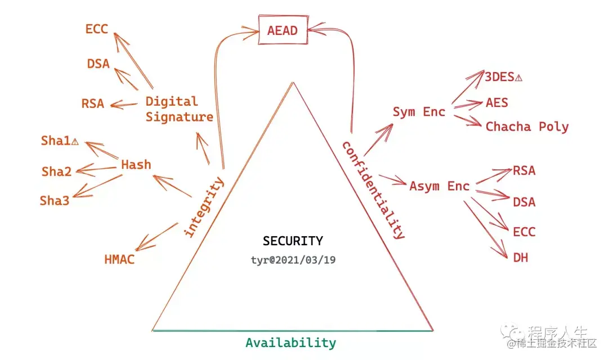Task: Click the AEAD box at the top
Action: (283, 30)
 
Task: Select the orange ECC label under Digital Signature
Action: (96, 29)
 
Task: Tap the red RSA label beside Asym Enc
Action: (524, 171)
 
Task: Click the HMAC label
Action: (119, 259)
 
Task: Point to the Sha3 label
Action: (55, 200)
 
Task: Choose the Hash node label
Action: (136, 165)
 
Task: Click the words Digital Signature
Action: (179, 109)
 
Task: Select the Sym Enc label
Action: (418, 112)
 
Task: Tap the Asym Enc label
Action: (439, 186)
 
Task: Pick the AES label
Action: (497, 102)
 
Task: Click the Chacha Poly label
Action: (527, 127)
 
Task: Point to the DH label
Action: (521, 258)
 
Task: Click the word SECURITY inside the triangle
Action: (293, 241)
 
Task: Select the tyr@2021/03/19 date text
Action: (293, 260)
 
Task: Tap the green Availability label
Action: (290, 343)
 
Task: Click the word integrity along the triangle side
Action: (204, 207)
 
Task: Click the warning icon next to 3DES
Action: (518, 78)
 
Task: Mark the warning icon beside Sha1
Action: (74, 142)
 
